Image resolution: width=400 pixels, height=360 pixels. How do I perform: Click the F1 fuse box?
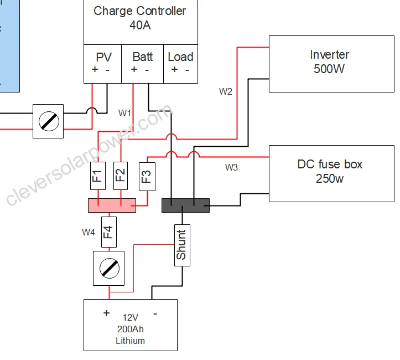[x=98, y=176]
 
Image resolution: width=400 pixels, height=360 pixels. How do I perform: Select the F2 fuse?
[x=121, y=176]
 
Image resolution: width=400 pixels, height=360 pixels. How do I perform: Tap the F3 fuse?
[x=147, y=177]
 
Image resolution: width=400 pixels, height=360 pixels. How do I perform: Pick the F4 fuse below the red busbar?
[x=109, y=232]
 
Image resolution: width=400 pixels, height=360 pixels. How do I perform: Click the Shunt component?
[x=182, y=245]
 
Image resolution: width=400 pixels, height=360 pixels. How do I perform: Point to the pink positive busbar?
[x=112, y=205]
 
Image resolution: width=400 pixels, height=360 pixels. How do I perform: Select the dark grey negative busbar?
[x=186, y=205]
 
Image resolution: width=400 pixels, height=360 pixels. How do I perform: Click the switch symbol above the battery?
[x=109, y=269]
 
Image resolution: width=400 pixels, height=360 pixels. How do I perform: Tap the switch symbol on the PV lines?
[x=48, y=121]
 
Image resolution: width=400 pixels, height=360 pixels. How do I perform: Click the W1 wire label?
[x=124, y=113]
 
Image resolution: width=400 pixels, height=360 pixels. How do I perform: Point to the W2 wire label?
[x=226, y=91]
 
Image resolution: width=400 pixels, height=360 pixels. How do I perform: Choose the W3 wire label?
[x=231, y=167]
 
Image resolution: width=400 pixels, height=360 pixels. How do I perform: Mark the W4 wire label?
[x=89, y=233]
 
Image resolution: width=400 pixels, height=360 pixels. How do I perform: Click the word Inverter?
[x=330, y=54]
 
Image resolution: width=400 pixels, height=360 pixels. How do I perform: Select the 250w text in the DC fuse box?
[x=330, y=178]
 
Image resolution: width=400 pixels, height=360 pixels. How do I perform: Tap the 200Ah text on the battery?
[x=131, y=329]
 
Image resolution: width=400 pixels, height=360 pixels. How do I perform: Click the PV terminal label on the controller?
[x=104, y=57]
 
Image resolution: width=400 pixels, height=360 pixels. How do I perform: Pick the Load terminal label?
[x=180, y=56]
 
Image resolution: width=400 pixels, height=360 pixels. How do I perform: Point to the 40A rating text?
[x=140, y=25]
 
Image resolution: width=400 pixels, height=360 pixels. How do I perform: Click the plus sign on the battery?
[x=106, y=313]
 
